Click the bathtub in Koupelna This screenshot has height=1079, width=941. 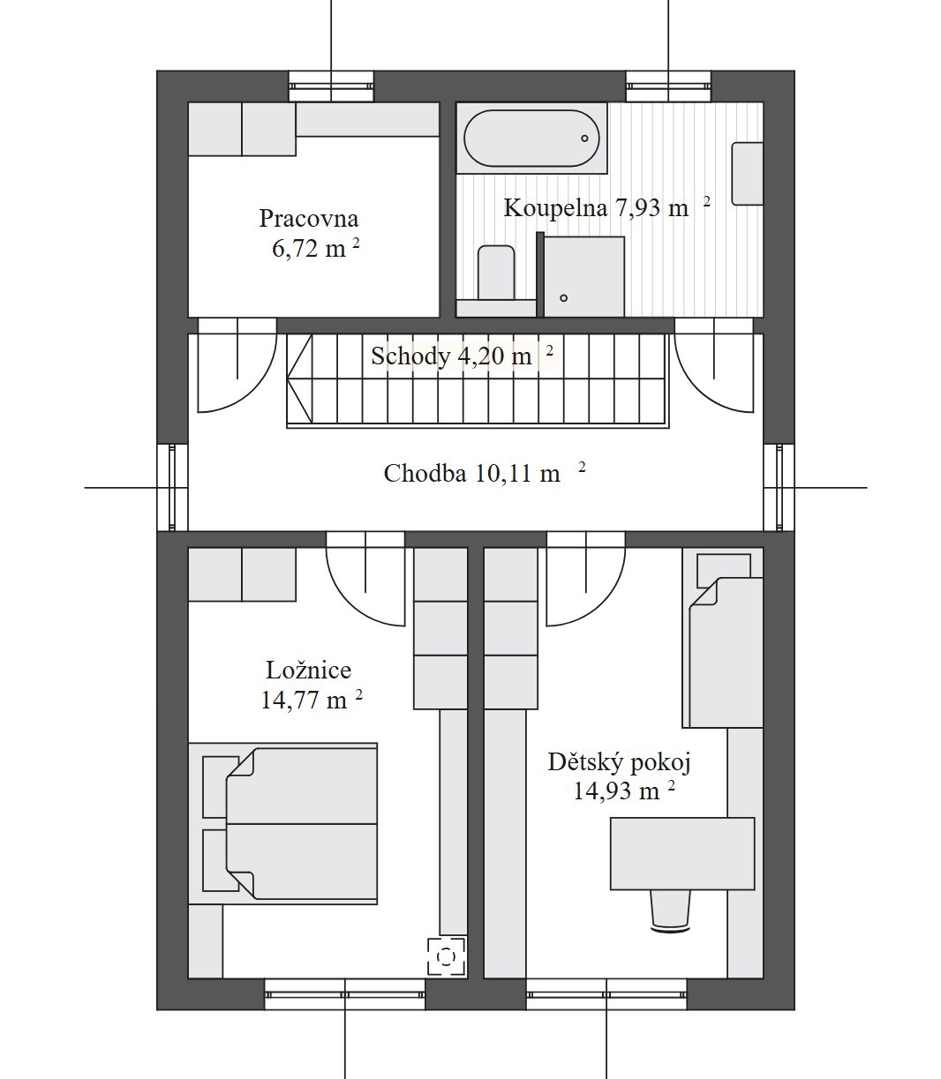(531, 139)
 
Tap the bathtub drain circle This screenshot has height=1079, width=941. (584, 139)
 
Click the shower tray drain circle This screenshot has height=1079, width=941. (564, 298)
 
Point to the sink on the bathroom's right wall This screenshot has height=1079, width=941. (747, 174)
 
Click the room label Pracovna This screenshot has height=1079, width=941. (309, 218)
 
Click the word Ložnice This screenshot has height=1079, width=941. (309, 671)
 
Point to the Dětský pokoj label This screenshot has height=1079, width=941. (620, 762)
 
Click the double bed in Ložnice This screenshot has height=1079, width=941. (301, 824)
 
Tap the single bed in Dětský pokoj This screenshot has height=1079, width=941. (726, 652)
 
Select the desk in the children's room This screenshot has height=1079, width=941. (682, 854)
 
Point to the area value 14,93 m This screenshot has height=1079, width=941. (616, 791)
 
